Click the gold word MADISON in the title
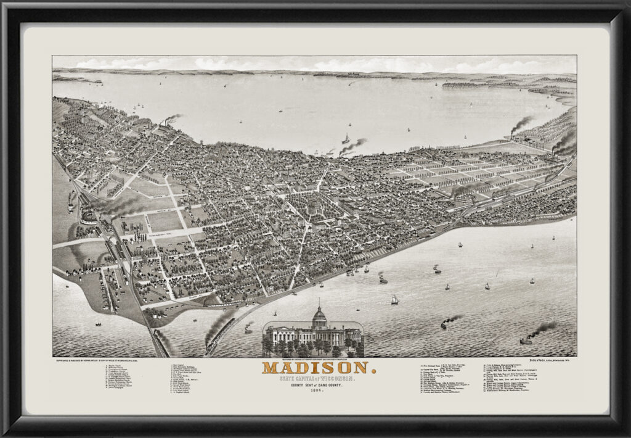[x=315, y=368]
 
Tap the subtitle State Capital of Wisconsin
[x=315, y=378]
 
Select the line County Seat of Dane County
[x=315, y=385]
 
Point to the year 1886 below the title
[x=315, y=391]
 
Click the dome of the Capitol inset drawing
[x=319, y=316]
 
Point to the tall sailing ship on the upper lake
[x=346, y=139]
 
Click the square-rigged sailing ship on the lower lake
[x=394, y=300]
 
